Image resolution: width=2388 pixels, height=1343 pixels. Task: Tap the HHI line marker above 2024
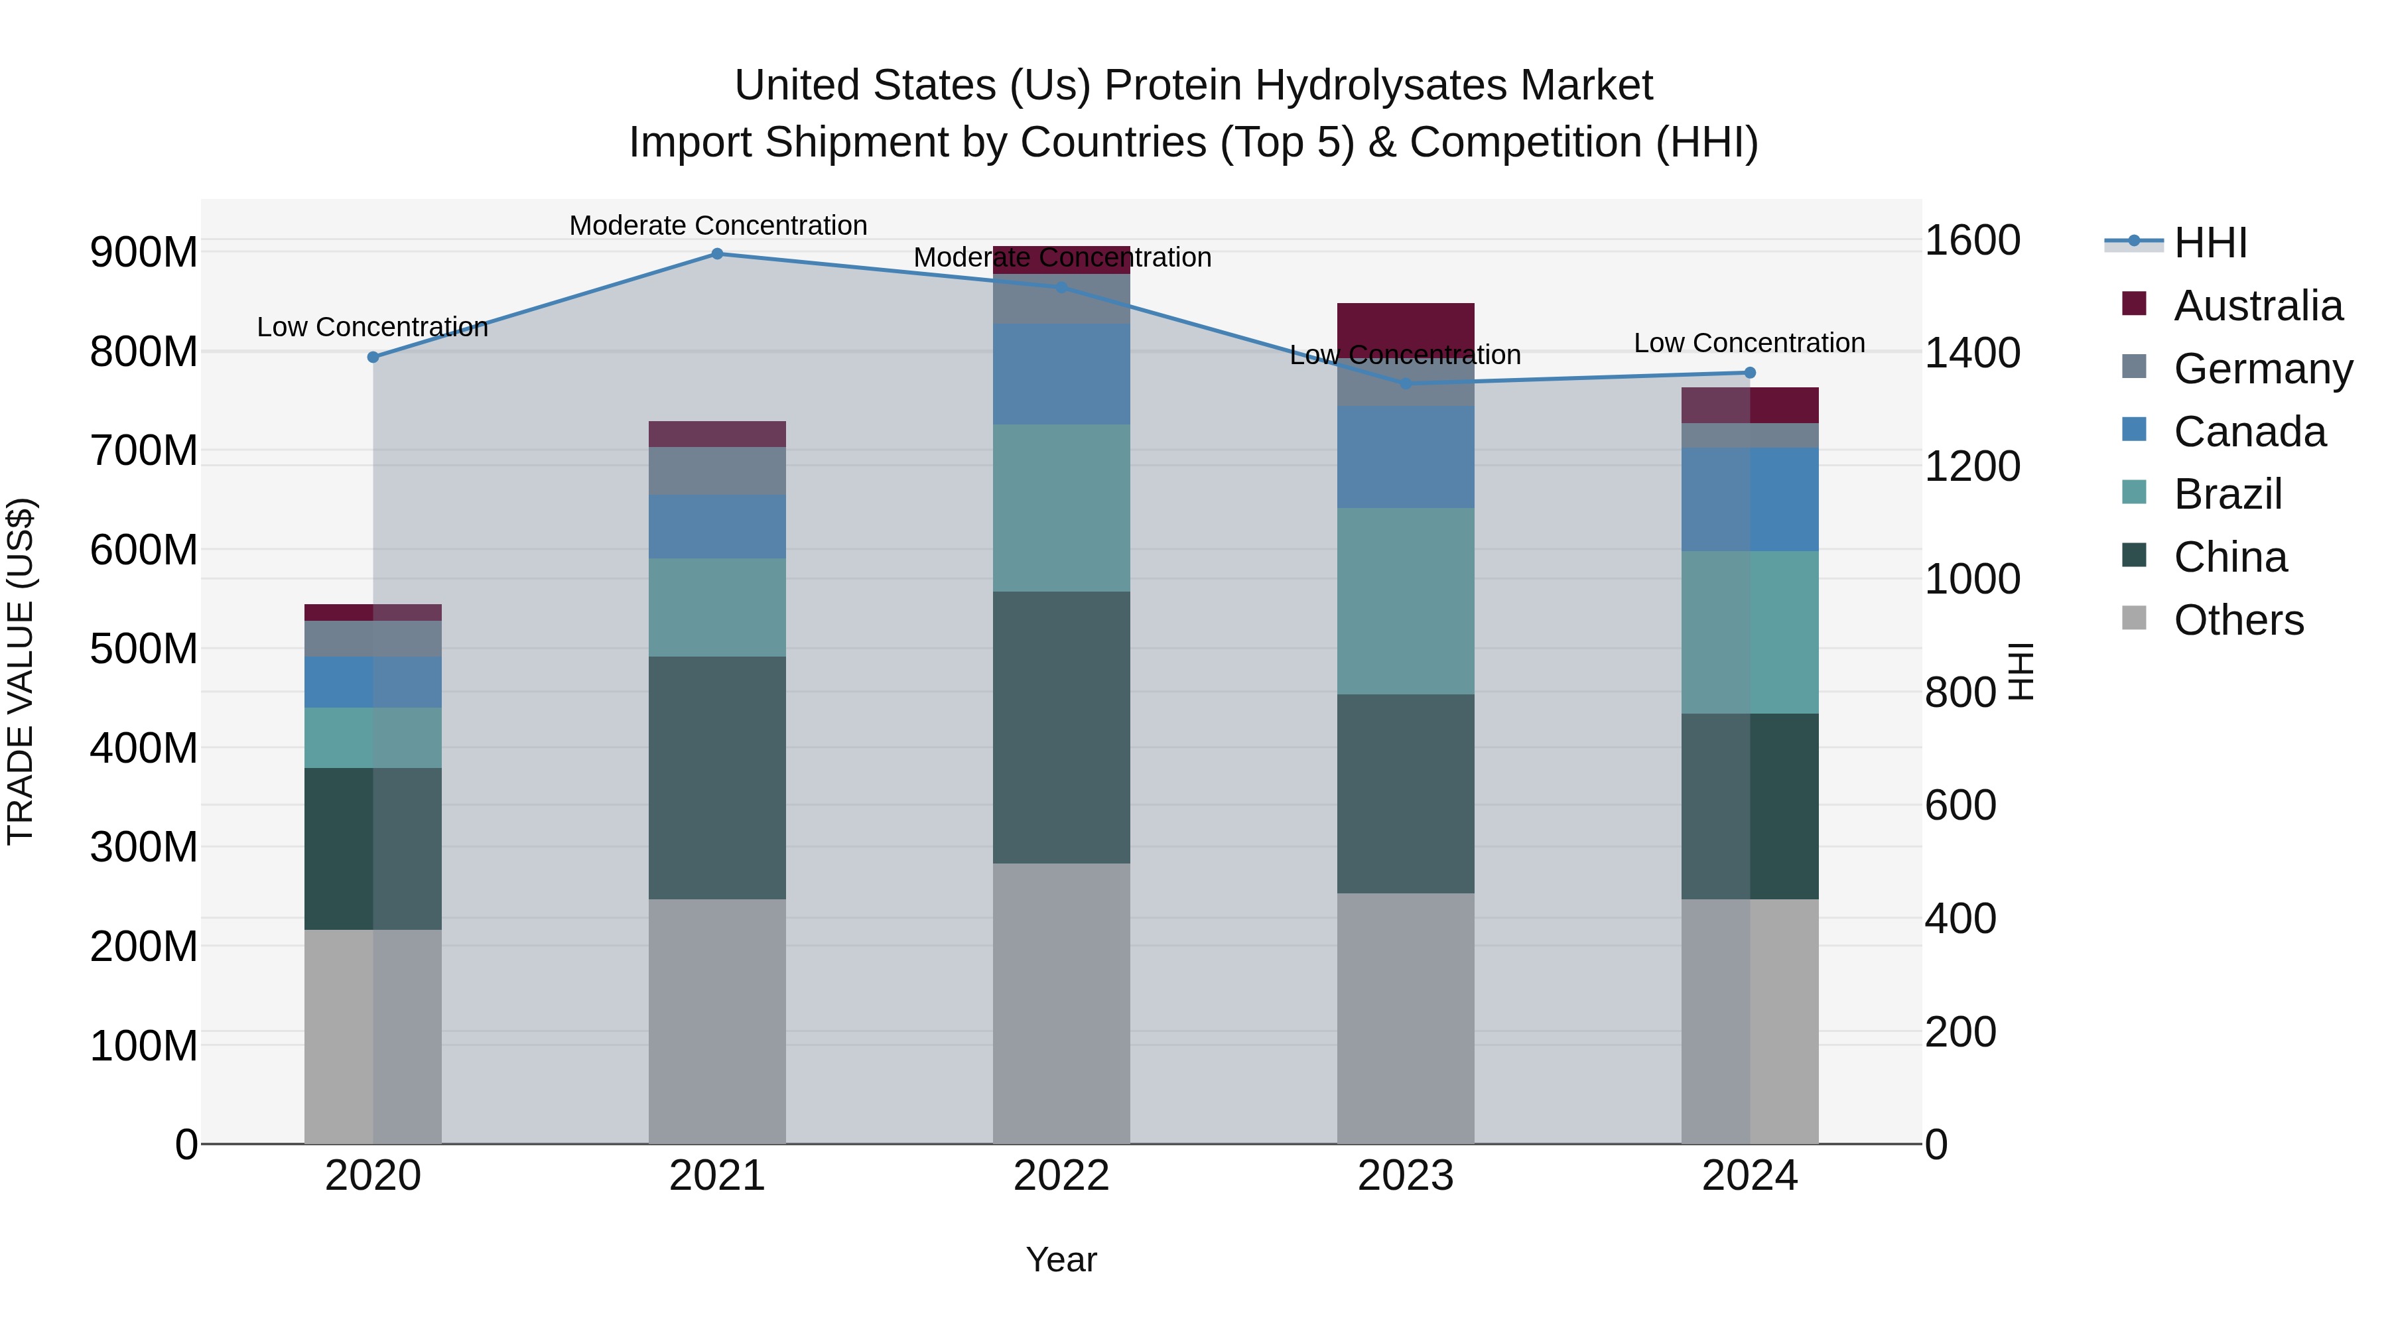(x=1749, y=373)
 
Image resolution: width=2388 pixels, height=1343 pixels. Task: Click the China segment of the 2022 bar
(x=1061, y=727)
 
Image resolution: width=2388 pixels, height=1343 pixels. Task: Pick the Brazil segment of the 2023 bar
(x=1406, y=601)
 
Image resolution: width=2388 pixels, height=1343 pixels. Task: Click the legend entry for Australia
(x=2257, y=305)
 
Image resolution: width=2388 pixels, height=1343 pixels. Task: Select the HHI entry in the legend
(x=2210, y=242)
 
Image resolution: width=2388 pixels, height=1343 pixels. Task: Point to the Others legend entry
(x=2238, y=619)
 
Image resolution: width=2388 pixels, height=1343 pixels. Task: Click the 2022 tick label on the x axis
(x=1061, y=1175)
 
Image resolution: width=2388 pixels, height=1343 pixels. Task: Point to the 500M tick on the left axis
(x=144, y=648)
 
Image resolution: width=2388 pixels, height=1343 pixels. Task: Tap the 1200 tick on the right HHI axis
(x=1972, y=466)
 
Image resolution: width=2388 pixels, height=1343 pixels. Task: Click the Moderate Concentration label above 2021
(x=718, y=225)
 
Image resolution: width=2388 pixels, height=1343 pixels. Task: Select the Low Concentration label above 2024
(x=1749, y=342)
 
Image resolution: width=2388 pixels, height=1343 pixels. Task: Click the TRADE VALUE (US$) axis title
(x=21, y=671)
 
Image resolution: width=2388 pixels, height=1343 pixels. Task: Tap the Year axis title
(x=1061, y=1259)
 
